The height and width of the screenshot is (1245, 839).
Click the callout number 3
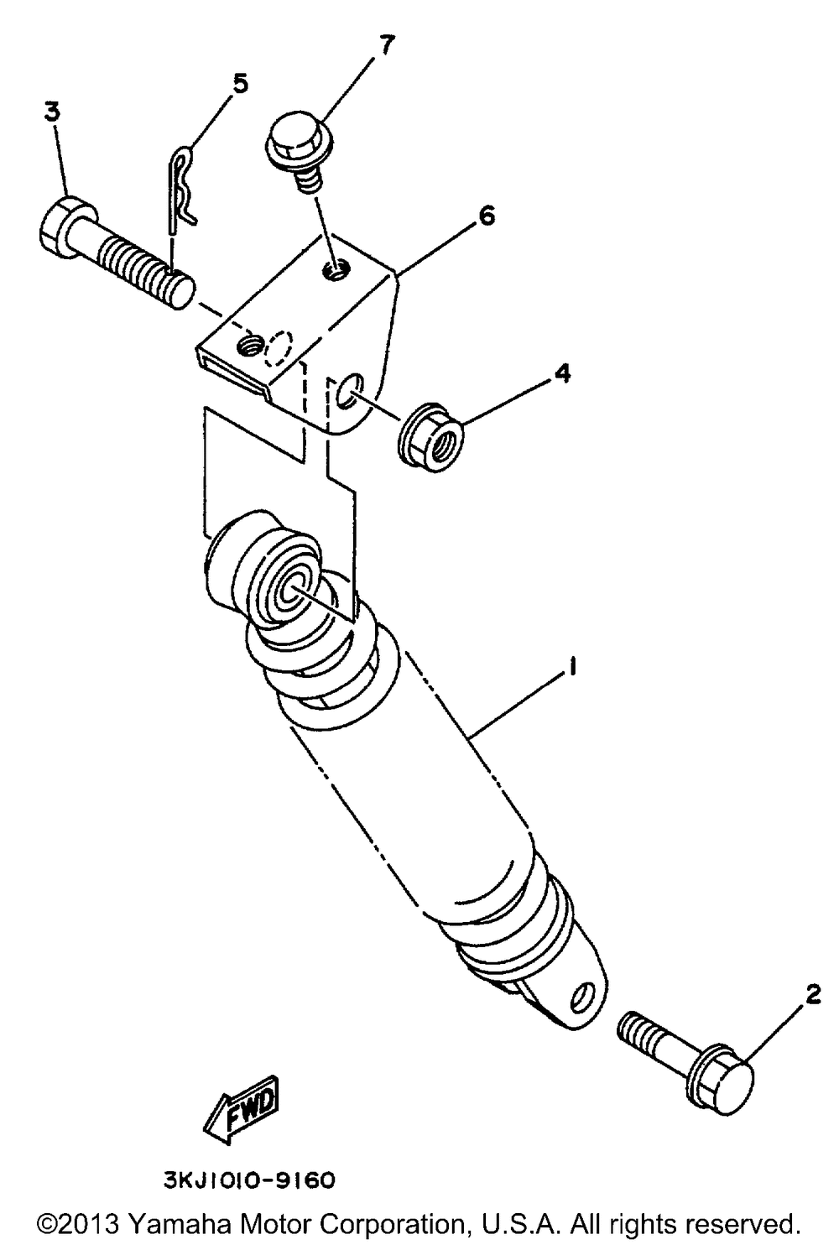click(x=52, y=112)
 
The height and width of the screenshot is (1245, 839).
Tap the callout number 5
click(x=240, y=85)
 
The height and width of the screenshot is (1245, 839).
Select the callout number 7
click(x=387, y=44)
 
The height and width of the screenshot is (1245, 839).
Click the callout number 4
click(x=562, y=374)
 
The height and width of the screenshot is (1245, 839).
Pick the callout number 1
click(x=570, y=666)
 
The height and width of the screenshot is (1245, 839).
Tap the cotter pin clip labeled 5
click(x=182, y=189)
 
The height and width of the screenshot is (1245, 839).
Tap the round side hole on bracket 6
click(x=351, y=389)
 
